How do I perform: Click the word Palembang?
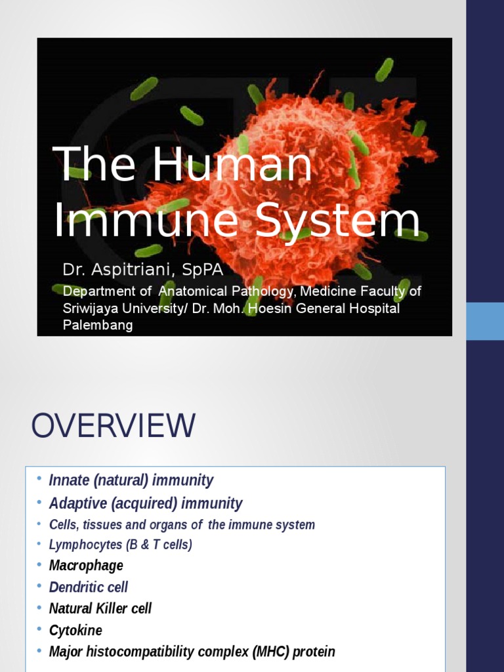[x=98, y=325]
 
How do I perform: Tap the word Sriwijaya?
[x=93, y=308]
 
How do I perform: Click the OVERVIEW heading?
[x=113, y=426]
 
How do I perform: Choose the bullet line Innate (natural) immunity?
[x=131, y=480]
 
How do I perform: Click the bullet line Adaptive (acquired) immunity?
[x=146, y=503]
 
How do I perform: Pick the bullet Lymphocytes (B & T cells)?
[x=121, y=545]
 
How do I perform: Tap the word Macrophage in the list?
[x=86, y=566]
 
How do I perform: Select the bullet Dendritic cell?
[x=89, y=587]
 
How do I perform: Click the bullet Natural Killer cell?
[x=100, y=608]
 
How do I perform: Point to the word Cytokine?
[x=76, y=631]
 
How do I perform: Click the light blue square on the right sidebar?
[x=485, y=321]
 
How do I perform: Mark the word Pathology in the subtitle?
[x=261, y=291]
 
